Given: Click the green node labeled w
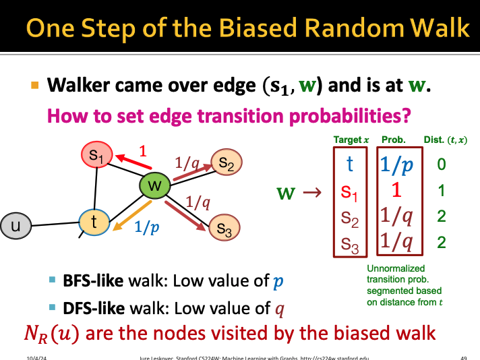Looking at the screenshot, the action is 154,185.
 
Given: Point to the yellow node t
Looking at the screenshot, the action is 95,222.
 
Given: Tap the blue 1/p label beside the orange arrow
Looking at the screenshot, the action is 147,227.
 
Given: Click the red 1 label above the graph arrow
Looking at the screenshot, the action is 143,150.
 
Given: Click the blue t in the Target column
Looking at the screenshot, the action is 349,164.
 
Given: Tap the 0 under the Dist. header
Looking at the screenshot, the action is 441,164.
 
